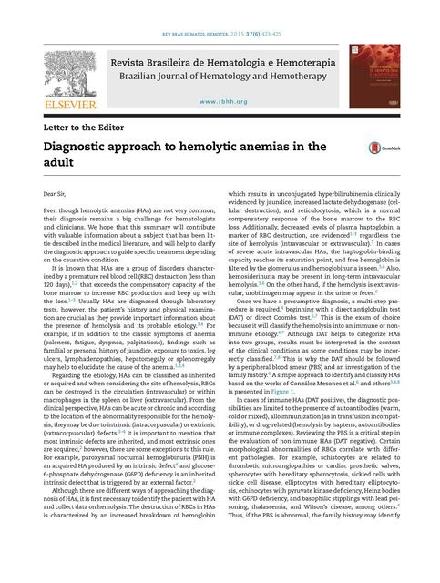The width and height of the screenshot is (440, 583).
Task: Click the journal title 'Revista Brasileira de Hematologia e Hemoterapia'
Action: click(220, 61)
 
